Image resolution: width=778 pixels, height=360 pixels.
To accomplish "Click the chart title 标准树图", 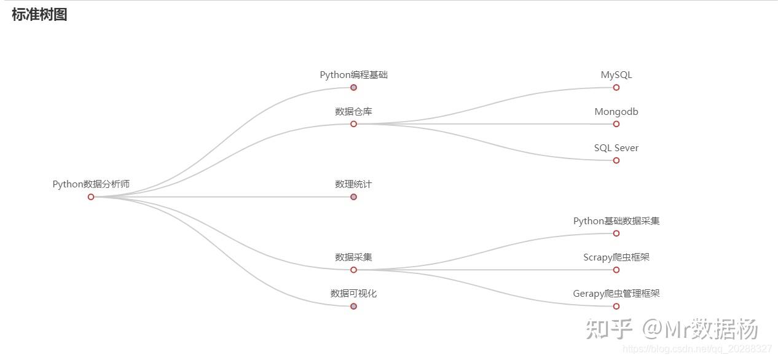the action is coord(39,15).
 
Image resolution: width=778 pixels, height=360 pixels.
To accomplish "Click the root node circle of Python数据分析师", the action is coord(91,197).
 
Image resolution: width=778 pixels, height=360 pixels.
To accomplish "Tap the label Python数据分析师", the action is coord(91,184).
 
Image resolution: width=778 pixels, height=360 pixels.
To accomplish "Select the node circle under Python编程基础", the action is coord(353,87).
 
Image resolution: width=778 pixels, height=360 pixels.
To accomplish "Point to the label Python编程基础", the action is coord(353,75).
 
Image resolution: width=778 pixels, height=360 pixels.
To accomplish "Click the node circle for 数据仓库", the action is coord(353,124).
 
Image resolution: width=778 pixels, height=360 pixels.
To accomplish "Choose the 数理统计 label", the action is coord(353,184).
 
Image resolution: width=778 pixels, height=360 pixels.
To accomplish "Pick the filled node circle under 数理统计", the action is coord(353,197).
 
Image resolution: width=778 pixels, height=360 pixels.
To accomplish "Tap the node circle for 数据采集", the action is coord(353,270).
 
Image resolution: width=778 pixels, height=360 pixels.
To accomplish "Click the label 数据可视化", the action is coord(353,294).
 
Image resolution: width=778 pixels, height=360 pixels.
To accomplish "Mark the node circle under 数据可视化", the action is coord(353,306).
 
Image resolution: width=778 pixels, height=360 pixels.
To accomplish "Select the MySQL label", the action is coord(616,75).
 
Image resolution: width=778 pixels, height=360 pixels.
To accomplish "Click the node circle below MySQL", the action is coord(616,87).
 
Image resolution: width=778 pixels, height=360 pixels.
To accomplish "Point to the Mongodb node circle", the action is coord(616,124).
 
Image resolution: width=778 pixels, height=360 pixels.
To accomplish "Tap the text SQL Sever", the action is coord(616,148).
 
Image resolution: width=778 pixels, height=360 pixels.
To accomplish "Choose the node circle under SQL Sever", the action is coord(616,160).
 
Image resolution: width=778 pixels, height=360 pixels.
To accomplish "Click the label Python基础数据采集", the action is coord(616,221).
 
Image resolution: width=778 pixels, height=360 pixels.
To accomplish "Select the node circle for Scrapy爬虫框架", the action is coord(616,270).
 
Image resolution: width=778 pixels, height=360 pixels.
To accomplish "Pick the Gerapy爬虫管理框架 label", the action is coord(616,294).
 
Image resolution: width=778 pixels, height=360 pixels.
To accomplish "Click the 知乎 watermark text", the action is coord(608,329).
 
